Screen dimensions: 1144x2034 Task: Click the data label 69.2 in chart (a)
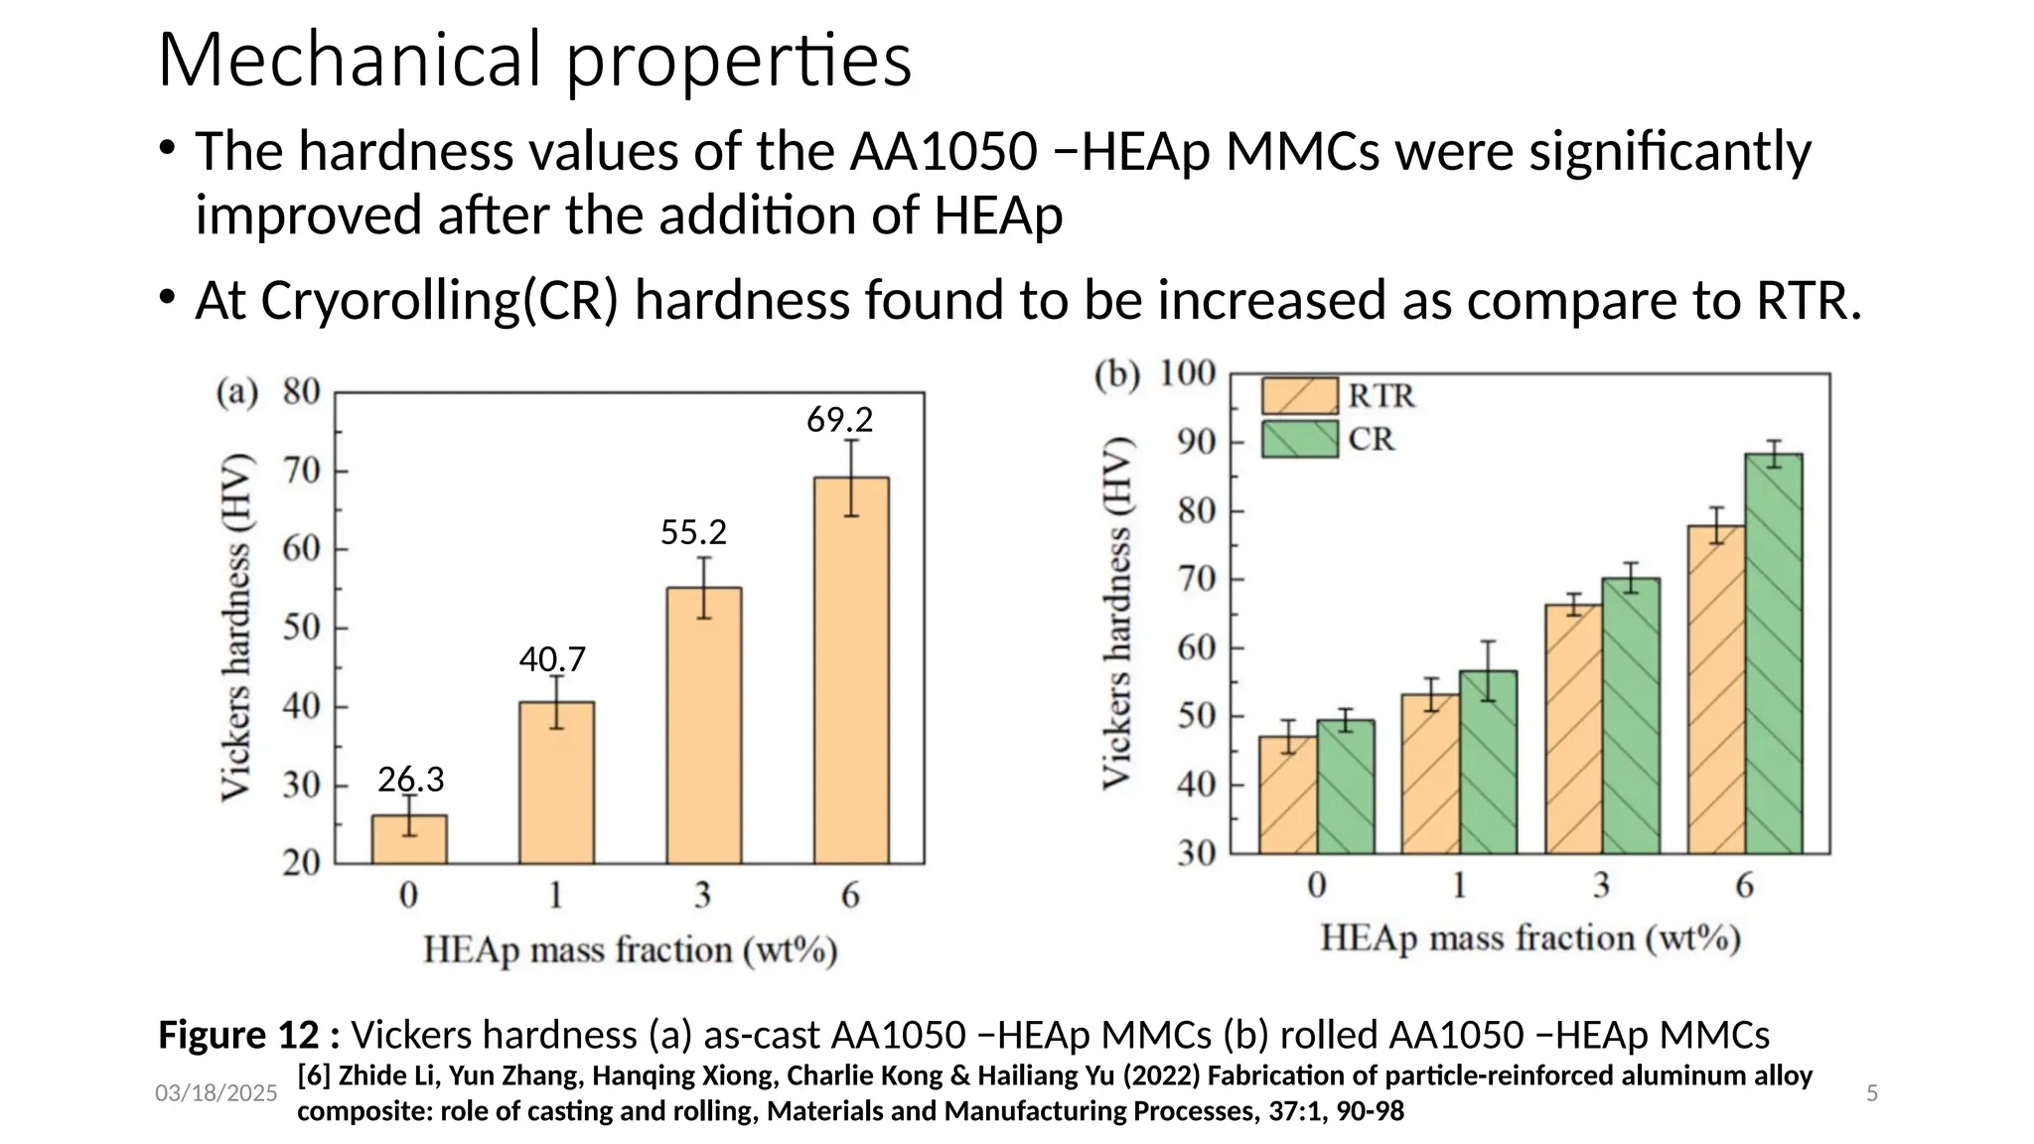pos(839,420)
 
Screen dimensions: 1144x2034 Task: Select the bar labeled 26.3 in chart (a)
pos(409,839)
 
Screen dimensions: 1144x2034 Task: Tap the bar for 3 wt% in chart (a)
pos(703,725)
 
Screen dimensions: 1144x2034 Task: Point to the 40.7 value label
pos(552,659)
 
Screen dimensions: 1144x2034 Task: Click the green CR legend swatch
pos(1299,439)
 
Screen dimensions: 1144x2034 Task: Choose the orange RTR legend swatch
pos(1299,395)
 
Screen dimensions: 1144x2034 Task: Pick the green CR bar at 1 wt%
pos(1488,762)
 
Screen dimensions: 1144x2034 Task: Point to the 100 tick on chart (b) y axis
pos(1188,373)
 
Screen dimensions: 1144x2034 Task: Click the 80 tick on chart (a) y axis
pos(301,391)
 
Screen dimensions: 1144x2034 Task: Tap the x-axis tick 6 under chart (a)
pos(850,896)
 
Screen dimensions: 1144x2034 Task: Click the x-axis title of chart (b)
pos(1529,938)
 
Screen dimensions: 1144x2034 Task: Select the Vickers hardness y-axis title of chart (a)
pos(235,628)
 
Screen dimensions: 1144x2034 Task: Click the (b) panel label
pos(1116,374)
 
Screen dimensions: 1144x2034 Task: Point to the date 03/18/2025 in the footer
pos(216,1093)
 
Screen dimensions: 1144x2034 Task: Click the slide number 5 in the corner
pos(1872,1093)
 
